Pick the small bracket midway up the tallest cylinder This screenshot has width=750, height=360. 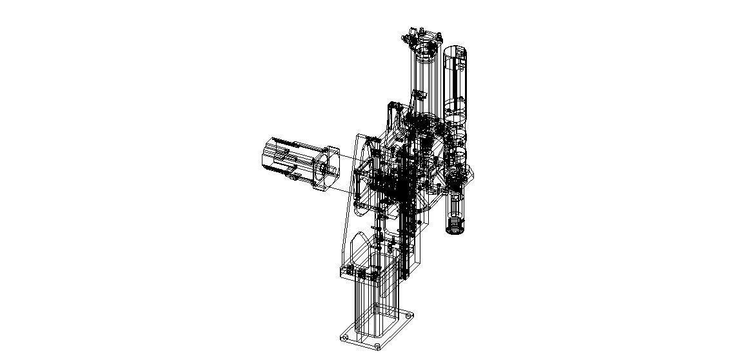[417, 95]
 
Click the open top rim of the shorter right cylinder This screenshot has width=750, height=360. [455, 52]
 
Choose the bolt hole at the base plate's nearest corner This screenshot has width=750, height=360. [377, 347]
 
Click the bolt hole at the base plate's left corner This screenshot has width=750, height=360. [344, 336]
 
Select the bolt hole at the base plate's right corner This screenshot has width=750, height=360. [408, 316]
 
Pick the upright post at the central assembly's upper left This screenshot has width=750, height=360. [390, 119]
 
